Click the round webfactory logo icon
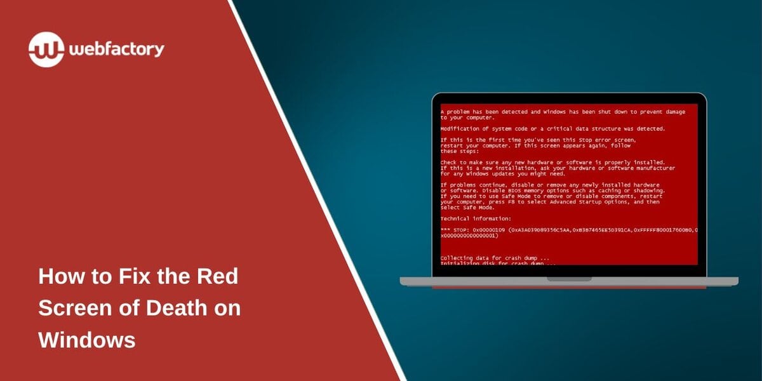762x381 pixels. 46,49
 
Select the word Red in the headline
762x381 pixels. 217,277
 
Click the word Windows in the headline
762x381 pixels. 87,339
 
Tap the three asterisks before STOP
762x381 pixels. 444,230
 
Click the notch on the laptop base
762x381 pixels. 569,278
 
